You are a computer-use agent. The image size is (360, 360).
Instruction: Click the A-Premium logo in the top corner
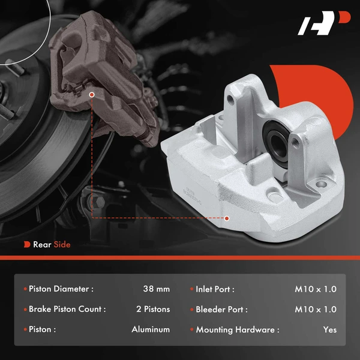(x=324, y=26)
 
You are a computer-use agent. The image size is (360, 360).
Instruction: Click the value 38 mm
(x=156, y=289)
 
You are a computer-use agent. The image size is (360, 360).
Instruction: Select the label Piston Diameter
(x=61, y=289)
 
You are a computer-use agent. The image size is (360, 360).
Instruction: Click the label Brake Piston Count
(x=67, y=310)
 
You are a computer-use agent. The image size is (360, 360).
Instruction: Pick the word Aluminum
(x=151, y=329)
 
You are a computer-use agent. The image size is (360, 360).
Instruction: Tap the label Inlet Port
(x=214, y=289)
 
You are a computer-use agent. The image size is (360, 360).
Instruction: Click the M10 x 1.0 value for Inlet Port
(x=316, y=289)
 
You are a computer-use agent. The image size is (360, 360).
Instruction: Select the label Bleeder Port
(x=221, y=310)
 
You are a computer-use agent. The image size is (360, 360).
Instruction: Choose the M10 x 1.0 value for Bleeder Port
(x=316, y=310)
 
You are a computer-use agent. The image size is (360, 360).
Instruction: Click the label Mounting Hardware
(x=237, y=329)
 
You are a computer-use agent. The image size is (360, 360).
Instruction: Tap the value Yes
(x=329, y=329)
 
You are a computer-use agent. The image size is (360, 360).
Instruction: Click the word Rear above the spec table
(x=43, y=245)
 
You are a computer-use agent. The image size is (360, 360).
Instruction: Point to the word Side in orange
(x=62, y=245)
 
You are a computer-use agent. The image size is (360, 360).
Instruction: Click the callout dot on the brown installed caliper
(x=91, y=95)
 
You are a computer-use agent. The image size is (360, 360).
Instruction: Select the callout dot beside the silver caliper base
(x=227, y=218)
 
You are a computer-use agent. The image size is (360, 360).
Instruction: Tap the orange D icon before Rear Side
(x=27, y=245)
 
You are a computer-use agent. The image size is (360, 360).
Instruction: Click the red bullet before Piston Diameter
(x=25, y=289)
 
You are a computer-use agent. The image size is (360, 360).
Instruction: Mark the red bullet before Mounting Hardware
(x=191, y=329)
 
